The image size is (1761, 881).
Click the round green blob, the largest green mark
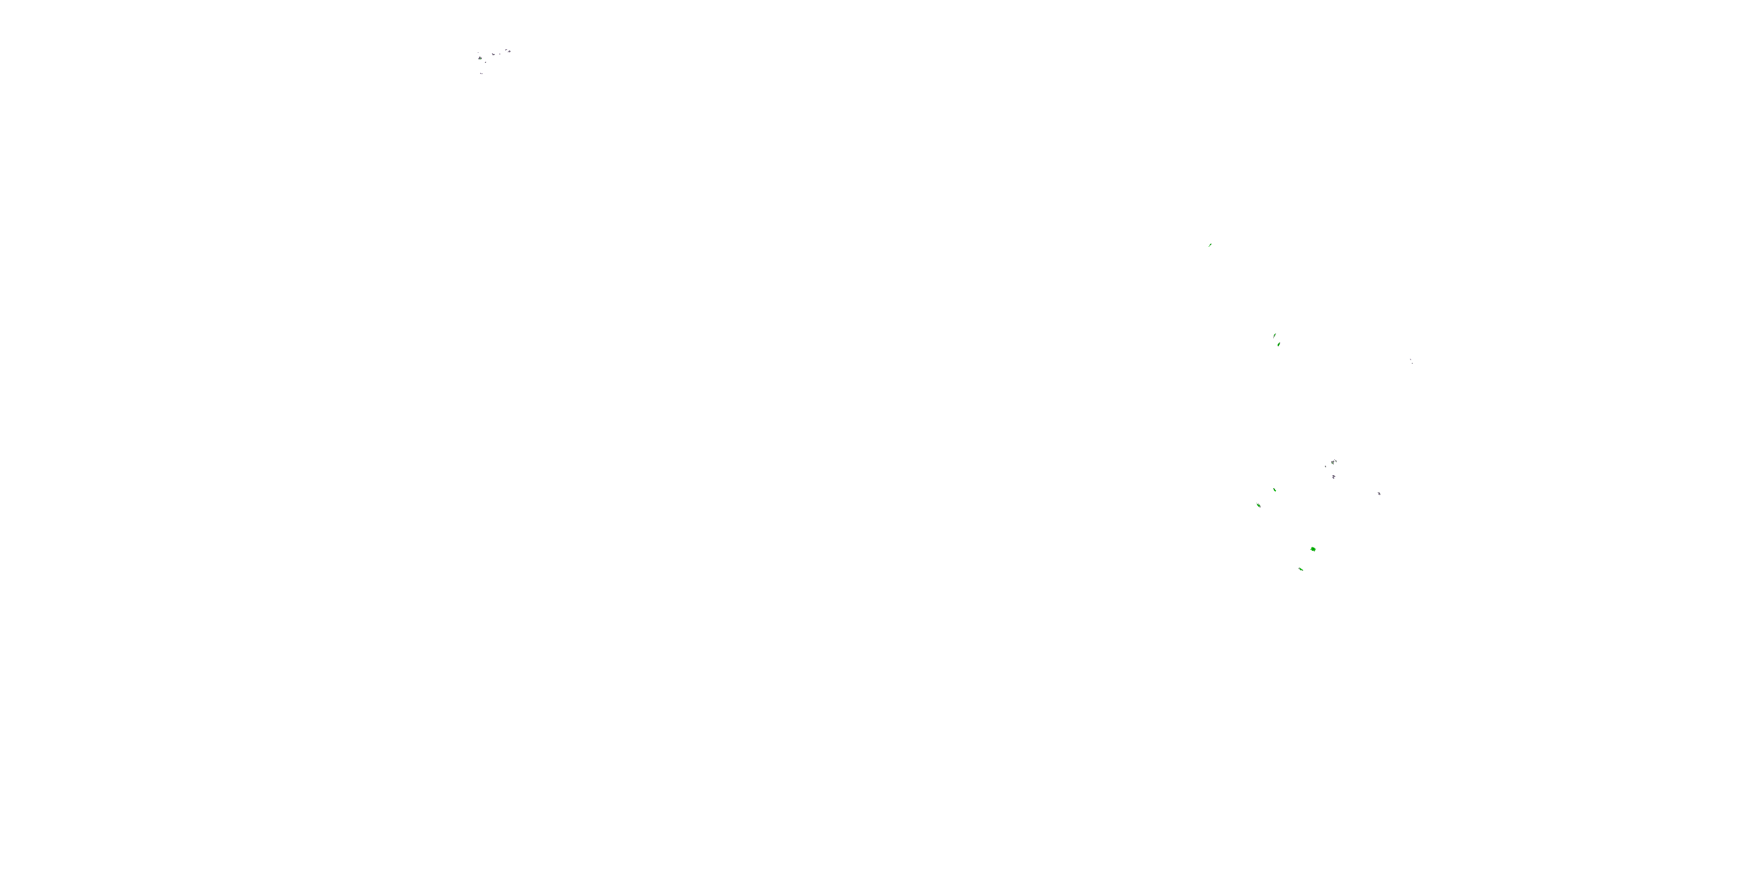(1313, 549)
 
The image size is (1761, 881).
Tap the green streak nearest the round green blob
(1300, 569)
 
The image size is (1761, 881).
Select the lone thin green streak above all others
(1210, 245)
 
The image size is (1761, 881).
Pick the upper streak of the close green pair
(1274, 336)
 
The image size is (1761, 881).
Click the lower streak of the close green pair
(1278, 344)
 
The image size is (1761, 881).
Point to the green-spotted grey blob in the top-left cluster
(481, 58)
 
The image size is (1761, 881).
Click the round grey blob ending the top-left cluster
(510, 52)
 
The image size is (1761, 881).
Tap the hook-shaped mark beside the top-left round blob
(507, 50)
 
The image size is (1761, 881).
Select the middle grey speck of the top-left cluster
(494, 55)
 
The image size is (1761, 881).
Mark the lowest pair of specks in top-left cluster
(481, 74)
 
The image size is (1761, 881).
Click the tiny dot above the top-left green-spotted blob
(478, 53)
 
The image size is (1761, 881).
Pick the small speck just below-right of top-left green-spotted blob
(486, 63)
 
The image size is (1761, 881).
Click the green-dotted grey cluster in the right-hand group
(1332, 463)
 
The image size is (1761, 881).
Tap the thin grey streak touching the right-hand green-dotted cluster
(1336, 461)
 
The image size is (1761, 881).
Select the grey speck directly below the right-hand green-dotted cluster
(1334, 478)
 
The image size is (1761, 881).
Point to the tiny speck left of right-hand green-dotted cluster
(1325, 467)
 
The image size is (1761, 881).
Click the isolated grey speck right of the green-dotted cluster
(1379, 494)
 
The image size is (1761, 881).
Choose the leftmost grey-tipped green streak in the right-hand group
(1259, 506)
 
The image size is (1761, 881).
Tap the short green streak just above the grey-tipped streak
(1274, 490)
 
